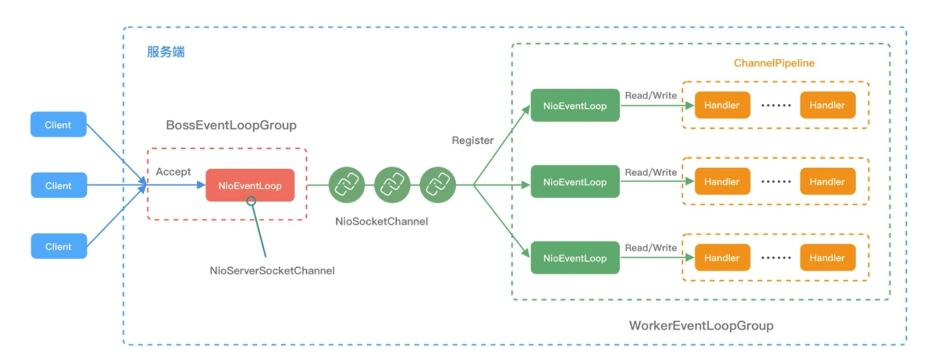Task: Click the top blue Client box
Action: point(58,124)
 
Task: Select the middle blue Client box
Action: point(59,185)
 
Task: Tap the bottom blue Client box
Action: point(59,246)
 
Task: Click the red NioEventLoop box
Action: point(250,185)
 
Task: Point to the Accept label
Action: point(173,172)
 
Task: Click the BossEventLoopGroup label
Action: point(231,125)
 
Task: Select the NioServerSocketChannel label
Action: point(272,271)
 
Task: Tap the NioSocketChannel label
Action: point(382,221)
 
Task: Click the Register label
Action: point(472,141)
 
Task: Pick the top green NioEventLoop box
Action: point(575,106)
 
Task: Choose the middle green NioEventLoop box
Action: point(575,182)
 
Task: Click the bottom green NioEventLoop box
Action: point(575,258)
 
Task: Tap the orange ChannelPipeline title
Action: point(774,63)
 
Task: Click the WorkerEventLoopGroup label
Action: point(701,326)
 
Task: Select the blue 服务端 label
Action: point(166,52)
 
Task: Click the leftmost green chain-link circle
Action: point(347,185)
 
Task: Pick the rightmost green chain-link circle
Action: point(438,185)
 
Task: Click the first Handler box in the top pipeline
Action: point(722,105)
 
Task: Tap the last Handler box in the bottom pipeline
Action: point(827,257)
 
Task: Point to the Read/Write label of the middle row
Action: point(651,172)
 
